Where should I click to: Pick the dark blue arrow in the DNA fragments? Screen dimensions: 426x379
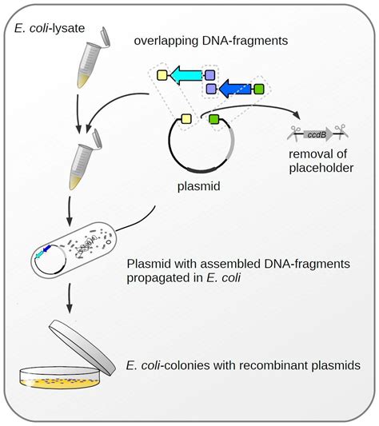pos(234,87)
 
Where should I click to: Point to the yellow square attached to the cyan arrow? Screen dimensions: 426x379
pos(161,76)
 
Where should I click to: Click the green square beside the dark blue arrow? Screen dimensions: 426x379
pos(258,87)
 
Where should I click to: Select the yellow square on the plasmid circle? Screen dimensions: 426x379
pos(186,119)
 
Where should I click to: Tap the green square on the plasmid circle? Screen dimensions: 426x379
pos(214,120)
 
